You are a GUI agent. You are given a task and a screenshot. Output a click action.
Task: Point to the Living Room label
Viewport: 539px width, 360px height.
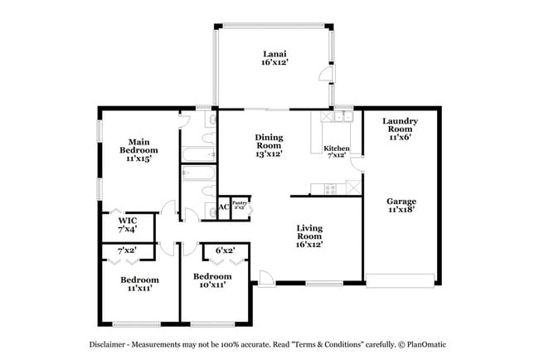tap(308, 231)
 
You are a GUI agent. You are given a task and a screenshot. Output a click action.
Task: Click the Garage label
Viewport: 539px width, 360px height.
tap(401, 201)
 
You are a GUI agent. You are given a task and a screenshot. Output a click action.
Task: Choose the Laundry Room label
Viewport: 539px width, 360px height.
tap(400, 125)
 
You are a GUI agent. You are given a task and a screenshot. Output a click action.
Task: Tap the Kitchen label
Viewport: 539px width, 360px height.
tap(336, 148)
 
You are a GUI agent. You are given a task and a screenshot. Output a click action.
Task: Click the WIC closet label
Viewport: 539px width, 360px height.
tap(127, 221)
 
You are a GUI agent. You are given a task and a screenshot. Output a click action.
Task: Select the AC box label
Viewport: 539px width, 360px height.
tap(223, 207)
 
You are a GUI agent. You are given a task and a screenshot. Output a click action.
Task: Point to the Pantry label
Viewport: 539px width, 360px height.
tap(240, 202)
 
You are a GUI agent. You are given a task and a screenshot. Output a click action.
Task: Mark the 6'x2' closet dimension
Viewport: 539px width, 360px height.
tap(226, 250)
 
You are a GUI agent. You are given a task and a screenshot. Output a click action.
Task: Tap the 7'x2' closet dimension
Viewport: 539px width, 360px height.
tap(127, 250)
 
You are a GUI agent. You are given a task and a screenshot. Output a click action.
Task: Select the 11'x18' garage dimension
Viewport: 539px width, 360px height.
tap(401, 210)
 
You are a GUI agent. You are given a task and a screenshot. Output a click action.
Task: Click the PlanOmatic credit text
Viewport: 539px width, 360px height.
tap(427, 343)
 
